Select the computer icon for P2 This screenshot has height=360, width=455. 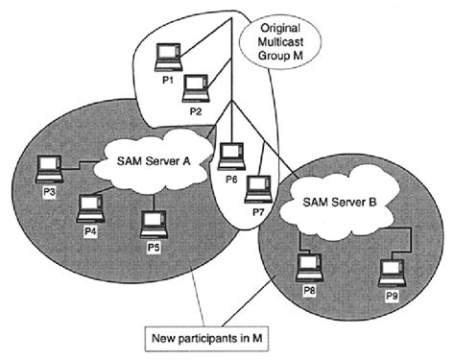(x=196, y=89)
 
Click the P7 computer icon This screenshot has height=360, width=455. (x=257, y=186)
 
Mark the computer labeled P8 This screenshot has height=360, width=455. (x=307, y=263)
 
